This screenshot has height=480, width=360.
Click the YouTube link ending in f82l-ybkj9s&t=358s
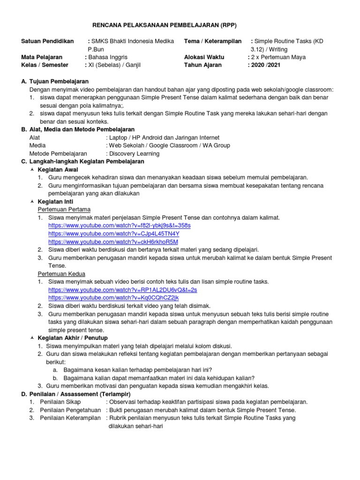(120, 225)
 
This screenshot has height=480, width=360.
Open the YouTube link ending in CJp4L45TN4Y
(114, 233)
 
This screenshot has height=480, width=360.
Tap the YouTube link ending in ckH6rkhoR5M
(113, 241)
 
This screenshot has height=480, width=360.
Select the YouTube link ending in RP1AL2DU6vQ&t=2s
(123, 290)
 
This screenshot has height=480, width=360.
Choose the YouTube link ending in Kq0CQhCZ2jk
(113, 298)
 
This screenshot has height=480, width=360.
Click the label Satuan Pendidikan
(48, 41)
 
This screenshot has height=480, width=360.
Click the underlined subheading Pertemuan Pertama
(64, 209)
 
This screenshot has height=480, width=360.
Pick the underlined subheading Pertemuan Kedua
(61, 274)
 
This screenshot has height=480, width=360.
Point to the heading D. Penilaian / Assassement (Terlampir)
(76, 394)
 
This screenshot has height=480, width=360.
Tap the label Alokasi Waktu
(204, 57)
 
